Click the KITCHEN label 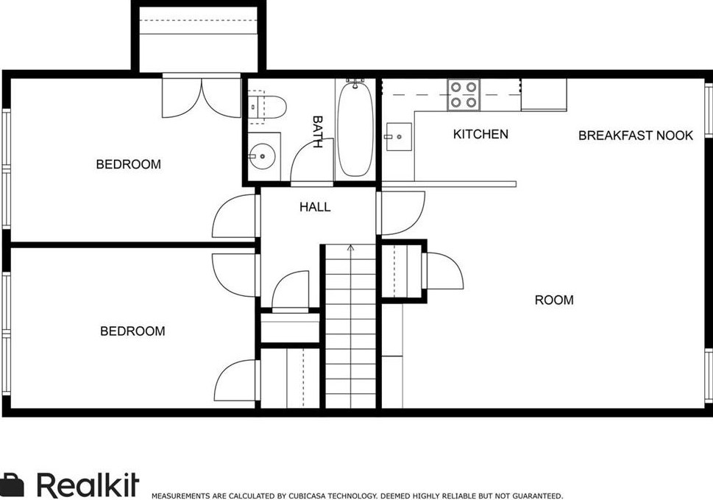pyautogui.click(x=480, y=134)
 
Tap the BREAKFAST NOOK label pyautogui.click(x=635, y=135)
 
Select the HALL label pyautogui.click(x=315, y=207)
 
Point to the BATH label pyautogui.click(x=317, y=132)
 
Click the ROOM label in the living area pyautogui.click(x=553, y=300)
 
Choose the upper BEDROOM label pyautogui.click(x=128, y=164)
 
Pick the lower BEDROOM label pyautogui.click(x=132, y=331)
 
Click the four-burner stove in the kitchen pyautogui.click(x=464, y=95)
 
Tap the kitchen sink pyautogui.click(x=397, y=136)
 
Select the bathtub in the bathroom pyautogui.click(x=355, y=128)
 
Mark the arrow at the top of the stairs pyautogui.click(x=350, y=248)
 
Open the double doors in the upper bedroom pyautogui.click(x=202, y=96)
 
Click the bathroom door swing pyautogui.click(x=306, y=160)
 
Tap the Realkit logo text pyautogui.click(x=87, y=485)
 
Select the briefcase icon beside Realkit pyautogui.click(x=12, y=485)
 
